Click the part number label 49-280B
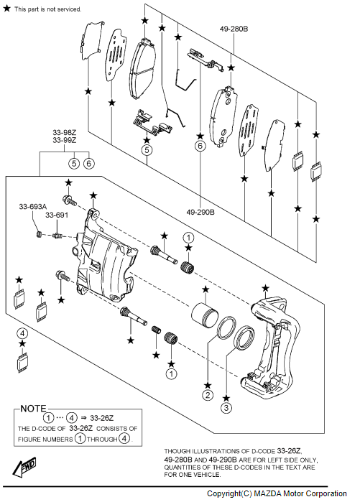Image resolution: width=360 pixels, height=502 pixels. click(x=234, y=29)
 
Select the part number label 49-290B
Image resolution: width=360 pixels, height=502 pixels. click(x=200, y=212)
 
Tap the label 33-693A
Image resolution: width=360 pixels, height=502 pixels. click(x=32, y=207)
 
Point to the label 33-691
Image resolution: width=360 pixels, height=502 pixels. click(x=57, y=215)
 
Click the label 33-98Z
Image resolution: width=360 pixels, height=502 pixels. click(x=65, y=132)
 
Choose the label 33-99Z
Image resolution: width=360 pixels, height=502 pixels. click(x=65, y=140)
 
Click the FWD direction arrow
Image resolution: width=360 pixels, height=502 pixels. click(x=24, y=467)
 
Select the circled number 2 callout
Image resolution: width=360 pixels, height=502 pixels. click(x=208, y=395)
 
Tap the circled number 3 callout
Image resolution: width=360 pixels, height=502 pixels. click(x=226, y=408)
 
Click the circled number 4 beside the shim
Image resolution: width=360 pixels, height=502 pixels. click(x=22, y=334)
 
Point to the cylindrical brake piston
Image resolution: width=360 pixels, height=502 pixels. click(x=204, y=315)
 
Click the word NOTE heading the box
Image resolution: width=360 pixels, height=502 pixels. click(x=33, y=409)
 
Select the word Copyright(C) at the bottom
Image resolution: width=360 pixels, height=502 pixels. click(x=229, y=493)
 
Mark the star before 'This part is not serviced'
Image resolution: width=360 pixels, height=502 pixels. click(x=6, y=9)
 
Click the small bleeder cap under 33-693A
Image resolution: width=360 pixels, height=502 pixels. click(x=39, y=235)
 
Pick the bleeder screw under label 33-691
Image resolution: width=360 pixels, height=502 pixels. click(x=57, y=236)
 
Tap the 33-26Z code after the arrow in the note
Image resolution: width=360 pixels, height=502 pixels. click(x=102, y=418)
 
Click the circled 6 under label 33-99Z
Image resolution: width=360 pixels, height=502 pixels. click(x=88, y=164)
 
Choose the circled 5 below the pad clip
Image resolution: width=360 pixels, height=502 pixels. click(x=147, y=150)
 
